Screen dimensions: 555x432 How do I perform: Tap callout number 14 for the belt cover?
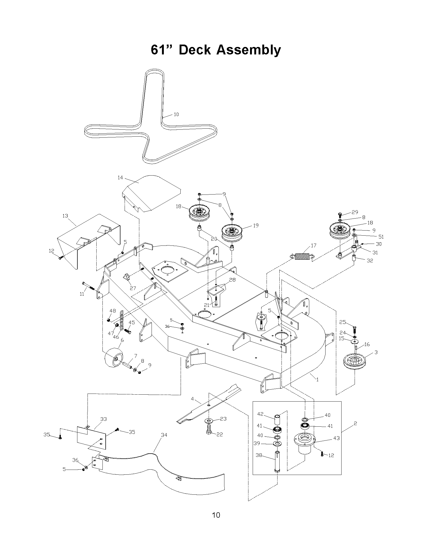(x=120, y=177)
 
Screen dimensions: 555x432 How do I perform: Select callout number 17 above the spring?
(x=314, y=245)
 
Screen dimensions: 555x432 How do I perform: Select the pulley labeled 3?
(x=354, y=361)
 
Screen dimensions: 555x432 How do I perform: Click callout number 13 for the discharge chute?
(x=65, y=216)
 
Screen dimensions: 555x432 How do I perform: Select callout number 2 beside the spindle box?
(x=355, y=423)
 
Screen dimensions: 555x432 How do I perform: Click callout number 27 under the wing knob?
(x=133, y=288)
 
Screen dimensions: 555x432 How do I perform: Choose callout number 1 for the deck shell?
(x=317, y=380)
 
